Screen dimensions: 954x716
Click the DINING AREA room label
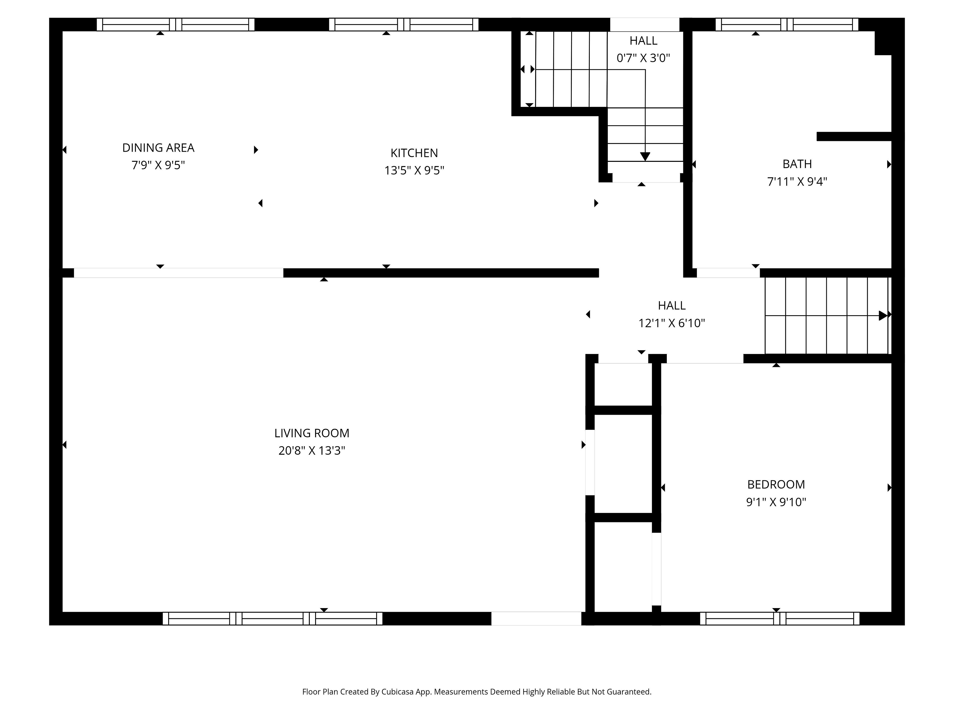tap(158, 148)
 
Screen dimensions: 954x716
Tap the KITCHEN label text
tap(414, 153)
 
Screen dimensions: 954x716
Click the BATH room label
tap(797, 164)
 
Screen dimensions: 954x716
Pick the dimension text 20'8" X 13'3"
tap(312, 450)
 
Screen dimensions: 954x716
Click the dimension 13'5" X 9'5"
tap(414, 171)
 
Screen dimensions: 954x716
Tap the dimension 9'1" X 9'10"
tap(776, 502)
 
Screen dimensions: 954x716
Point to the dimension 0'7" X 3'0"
tap(643, 58)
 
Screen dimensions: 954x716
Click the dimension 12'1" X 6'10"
tap(672, 323)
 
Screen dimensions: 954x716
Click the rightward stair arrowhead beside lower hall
tap(883, 315)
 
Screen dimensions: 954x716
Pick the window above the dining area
tap(176, 25)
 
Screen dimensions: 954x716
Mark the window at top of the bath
tap(787, 25)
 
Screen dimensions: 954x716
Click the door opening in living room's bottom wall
tap(536, 619)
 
